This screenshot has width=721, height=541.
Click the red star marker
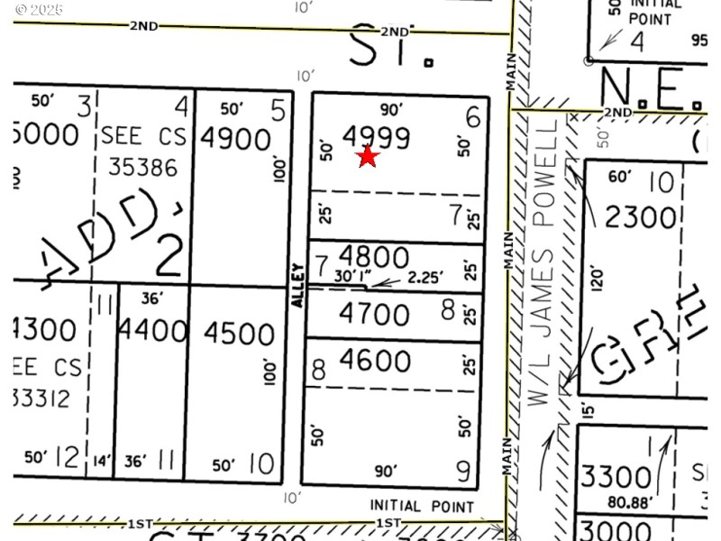click(368, 157)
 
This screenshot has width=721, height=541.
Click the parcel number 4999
click(377, 138)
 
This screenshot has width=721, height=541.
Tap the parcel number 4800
click(374, 256)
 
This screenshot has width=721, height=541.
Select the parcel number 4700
click(374, 315)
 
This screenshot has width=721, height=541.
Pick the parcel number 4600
click(374, 361)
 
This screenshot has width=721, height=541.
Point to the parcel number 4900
click(236, 139)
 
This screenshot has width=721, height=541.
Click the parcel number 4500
click(238, 333)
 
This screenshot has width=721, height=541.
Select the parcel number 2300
click(641, 217)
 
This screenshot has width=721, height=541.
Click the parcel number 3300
click(616, 476)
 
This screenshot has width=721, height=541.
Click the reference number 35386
click(142, 167)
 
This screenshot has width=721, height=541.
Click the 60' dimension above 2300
click(620, 177)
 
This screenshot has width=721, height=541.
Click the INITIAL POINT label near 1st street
click(422, 507)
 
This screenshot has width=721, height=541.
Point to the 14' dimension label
click(101, 463)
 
